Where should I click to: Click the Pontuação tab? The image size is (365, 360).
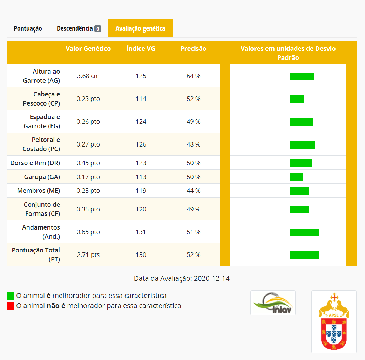pyautogui.click(x=28, y=28)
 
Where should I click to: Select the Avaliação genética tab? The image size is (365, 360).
pyautogui.click(x=140, y=28)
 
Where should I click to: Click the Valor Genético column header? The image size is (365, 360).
pyautogui.click(x=88, y=49)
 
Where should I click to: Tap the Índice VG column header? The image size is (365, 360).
pyautogui.click(x=141, y=49)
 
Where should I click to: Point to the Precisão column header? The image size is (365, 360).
pyautogui.click(x=193, y=49)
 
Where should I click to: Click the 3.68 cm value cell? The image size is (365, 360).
pyautogui.click(x=88, y=76)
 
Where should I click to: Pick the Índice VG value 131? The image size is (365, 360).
pyautogui.click(x=141, y=232)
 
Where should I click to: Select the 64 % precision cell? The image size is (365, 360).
pyautogui.click(x=193, y=76)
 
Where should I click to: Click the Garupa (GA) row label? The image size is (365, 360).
pyautogui.click(x=42, y=177)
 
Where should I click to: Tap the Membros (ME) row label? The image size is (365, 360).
pyautogui.click(x=39, y=191)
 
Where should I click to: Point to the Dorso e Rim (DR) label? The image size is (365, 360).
pyautogui.click(x=35, y=163)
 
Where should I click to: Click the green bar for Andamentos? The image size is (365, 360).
pyautogui.click(x=304, y=232)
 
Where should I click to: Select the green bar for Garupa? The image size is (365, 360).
pyautogui.click(x=296, y=177)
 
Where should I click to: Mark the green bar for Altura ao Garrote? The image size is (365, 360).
pyautogui.click(x=302, y=76)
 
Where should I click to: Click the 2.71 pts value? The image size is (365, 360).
pyautogui.click(x=88, y=254)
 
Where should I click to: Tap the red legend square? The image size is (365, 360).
pyautogui.click(x=11, y=306)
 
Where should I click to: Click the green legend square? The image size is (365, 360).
pyautogui.click(x=11, y=296)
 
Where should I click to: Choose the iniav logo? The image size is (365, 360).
pyautogui.click(x=273, y=303)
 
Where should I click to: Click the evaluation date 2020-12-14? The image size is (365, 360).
pyautogui.click(x=211, y=278)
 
